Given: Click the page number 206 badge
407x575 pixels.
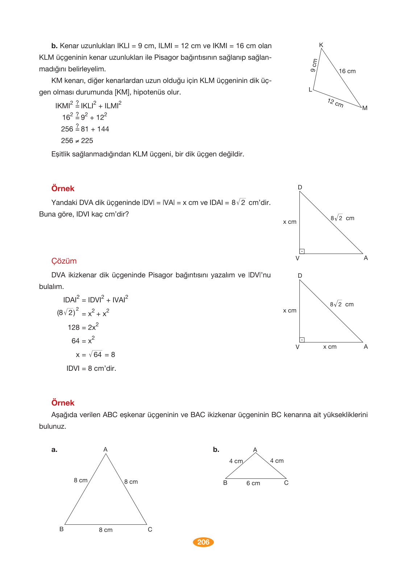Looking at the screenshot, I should click(x=203, y=542).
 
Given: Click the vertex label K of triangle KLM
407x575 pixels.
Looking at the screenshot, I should click(x=321, y=45).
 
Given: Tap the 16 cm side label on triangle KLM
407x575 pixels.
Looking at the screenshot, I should click(x=347, y=71).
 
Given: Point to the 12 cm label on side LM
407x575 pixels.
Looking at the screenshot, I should click(x=335, y=103).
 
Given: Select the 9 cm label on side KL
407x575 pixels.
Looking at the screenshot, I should click(x=314, y=65).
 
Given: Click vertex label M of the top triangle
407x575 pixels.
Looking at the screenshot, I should click(x=365, y=108).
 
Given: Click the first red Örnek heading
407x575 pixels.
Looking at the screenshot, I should click(x=63, y=188).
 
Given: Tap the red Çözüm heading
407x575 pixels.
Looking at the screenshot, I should click(x=64, y=261).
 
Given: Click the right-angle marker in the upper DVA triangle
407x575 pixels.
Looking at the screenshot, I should click(x=302, y=251).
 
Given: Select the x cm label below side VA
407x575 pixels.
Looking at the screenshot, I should click(x=330, y=347).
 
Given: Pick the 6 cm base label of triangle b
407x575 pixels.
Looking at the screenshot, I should click(x=253, y=483).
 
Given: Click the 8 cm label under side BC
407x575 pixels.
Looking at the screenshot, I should click(x=105, y=530).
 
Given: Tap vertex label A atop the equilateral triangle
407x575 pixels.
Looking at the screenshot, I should click(x=105, y=449).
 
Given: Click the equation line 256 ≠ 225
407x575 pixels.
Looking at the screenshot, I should click(x=77, y=140).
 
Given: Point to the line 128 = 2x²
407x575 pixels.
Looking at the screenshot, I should click(x=83, y=327).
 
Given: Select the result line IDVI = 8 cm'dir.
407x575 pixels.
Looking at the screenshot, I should click(x=91, y=368).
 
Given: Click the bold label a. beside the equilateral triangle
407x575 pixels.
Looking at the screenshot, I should click(x=54, y=450).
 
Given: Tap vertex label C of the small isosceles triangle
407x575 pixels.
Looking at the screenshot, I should click(x=286, y=483).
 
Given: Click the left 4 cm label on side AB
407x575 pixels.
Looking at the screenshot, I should click(x=236, y=461).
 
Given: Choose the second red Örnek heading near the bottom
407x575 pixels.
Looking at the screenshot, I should click(x=63, y=403).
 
